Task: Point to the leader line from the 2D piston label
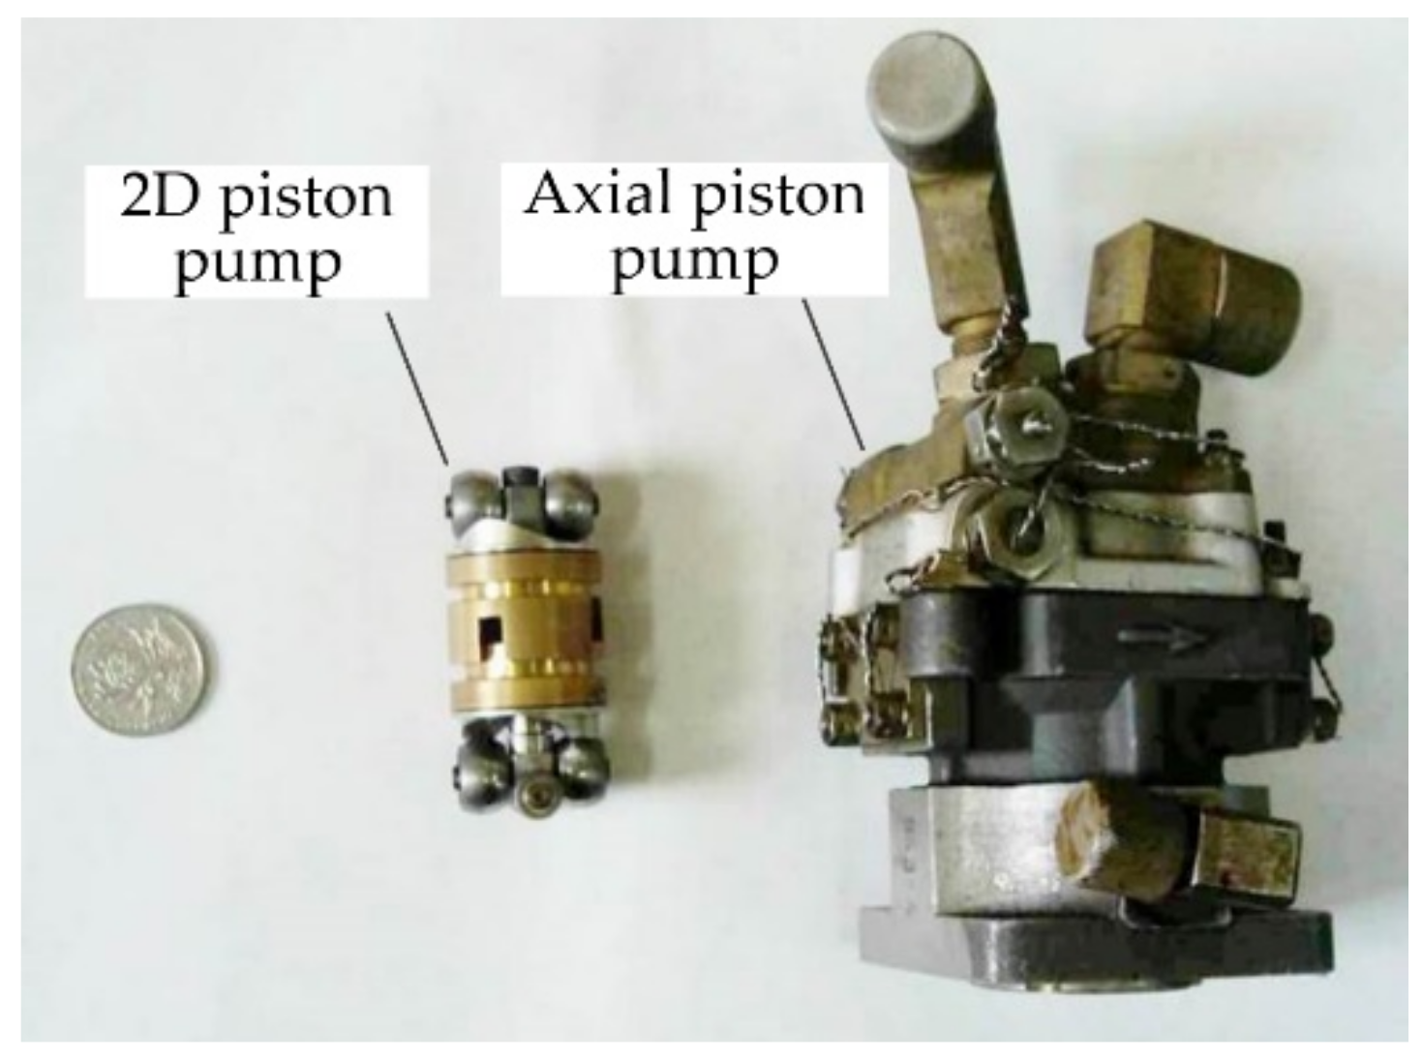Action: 417,388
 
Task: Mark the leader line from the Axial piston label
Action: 834,374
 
